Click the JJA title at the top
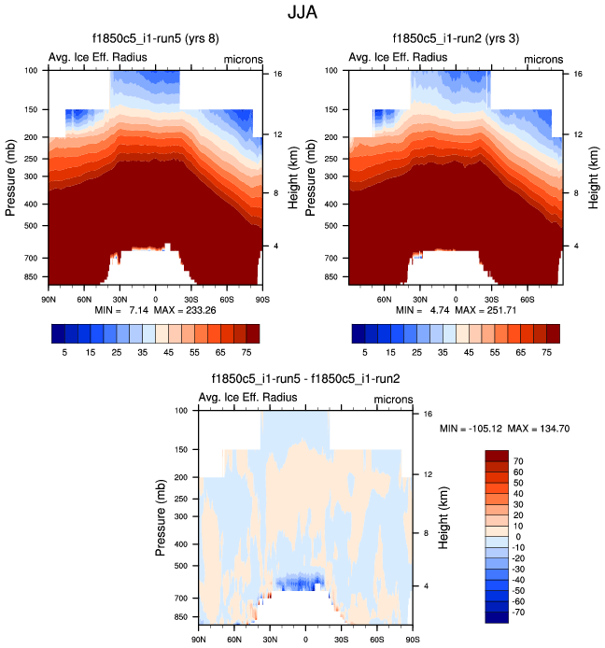tap(302, 15)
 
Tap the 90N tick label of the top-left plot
tap(49, 298)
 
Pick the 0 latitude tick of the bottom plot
tap(305, 640)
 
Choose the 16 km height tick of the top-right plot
tap(578, 73)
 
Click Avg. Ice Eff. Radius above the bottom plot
tap(254, 397)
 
